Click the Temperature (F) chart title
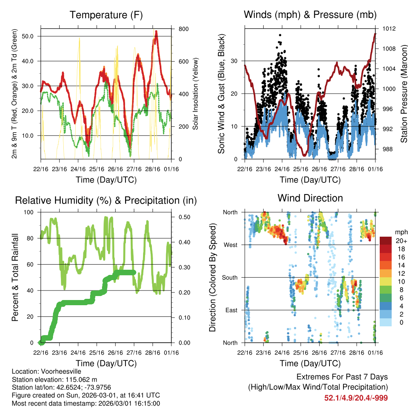106,15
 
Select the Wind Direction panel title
310,198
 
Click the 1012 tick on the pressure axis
390,29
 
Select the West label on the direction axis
230,245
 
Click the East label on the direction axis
231,310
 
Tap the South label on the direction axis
229,277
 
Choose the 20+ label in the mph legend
400,240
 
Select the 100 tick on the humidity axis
31,212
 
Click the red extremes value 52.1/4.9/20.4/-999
356,398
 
